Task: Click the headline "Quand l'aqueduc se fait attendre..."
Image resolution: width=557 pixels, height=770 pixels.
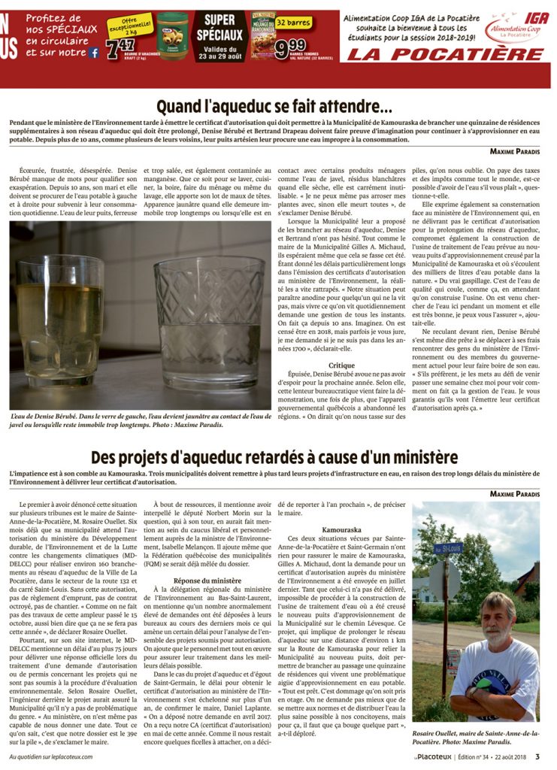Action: (274, 106)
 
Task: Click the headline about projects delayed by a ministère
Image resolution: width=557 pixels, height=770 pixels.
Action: (274, 456)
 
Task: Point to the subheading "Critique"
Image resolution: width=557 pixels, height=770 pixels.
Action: (341, 365)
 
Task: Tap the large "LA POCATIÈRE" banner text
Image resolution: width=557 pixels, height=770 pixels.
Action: (444, 54)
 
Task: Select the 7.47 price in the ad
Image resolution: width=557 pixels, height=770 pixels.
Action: (120, 48)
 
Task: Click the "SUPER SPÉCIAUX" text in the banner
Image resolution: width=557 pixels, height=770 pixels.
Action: (220, 27)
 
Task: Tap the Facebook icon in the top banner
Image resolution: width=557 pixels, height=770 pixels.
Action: (95, 53)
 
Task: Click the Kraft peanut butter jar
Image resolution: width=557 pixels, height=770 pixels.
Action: (172, 29)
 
